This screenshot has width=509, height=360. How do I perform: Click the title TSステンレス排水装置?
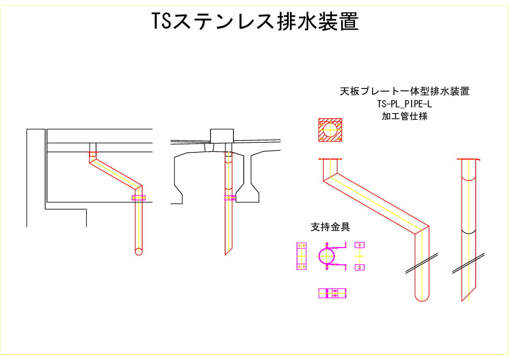[x=255, y=21]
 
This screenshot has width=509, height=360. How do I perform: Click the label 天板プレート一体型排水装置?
[x=404, y=91]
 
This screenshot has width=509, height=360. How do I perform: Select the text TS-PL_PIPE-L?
[x=404, y=104]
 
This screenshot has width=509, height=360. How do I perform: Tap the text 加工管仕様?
[x=404, y=117]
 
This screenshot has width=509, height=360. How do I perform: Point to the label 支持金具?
[x=330, y=227]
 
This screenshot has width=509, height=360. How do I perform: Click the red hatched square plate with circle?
[x=330, y=130]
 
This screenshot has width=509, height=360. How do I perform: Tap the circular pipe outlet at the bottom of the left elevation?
[x=138, y=251]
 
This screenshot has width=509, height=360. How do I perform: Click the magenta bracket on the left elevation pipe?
[x=138, y=198]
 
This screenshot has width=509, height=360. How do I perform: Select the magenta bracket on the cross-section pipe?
[x=229, y=197]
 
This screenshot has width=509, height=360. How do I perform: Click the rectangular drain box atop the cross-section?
[x=221, y=136]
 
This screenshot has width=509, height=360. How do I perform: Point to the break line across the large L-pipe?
[x=422, y=263]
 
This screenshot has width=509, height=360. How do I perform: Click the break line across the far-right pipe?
[x=468, y=263]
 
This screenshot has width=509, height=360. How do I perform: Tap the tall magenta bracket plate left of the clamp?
[x=301, y=256]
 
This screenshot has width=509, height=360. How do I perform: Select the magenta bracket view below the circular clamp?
[x=332, y=293]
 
